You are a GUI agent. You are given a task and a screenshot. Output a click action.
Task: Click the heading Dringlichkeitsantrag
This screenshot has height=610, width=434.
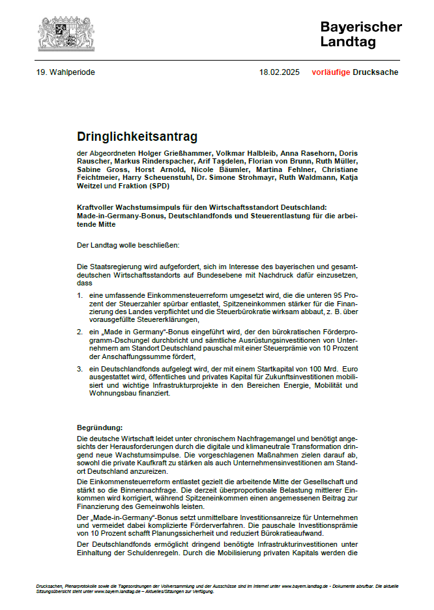pyautogui.click(x=137, y=137)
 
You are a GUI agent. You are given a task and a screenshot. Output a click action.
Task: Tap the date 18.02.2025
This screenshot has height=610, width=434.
pyautogui.click(x=280, y=72)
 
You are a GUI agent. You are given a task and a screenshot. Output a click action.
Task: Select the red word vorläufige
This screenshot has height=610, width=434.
pyautogui.click(x=330, y=72)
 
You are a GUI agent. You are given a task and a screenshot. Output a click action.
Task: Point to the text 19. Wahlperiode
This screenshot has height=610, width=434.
pyautogui.click(x=66, y=72)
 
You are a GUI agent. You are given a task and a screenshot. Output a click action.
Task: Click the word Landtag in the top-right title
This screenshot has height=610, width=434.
pyautogui.click(x=348, y=42)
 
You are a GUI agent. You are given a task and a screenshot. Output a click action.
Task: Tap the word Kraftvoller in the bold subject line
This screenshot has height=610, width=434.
pyautogui.click(x=97, y=207)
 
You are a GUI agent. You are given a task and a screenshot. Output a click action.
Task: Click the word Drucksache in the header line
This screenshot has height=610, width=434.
pyautogui.click(x=375, y=72)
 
